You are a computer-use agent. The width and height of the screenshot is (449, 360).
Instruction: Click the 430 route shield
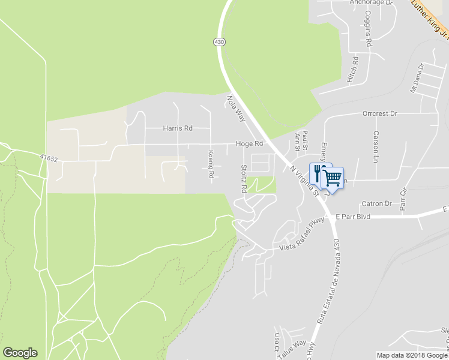[219, 41]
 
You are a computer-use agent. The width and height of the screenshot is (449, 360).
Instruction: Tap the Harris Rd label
[178, 128]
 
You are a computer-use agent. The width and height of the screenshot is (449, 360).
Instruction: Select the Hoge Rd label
[250, 144]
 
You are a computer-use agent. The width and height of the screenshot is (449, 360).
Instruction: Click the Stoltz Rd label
[244, 178]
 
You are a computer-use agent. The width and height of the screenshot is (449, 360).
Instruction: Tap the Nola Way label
[236, 108]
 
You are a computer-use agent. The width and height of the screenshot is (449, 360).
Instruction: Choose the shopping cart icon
[333, 178]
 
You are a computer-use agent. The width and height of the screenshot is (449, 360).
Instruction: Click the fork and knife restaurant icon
[319, 173]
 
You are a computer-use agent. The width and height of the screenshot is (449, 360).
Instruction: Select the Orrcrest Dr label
[380, 113]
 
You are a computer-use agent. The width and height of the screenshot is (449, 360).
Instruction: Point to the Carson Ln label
[376, 146]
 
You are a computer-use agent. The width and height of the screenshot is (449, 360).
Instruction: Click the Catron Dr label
[376, 204]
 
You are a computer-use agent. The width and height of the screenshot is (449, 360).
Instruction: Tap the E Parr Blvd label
[354, 216]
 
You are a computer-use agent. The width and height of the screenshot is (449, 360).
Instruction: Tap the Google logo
[20, 352]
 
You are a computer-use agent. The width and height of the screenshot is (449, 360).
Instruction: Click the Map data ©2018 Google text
[412, 355]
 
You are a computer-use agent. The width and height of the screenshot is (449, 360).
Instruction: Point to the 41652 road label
[49, 158]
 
